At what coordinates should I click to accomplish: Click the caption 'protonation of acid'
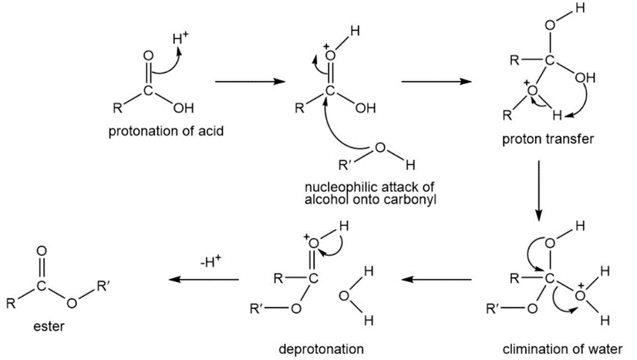pos(166,130)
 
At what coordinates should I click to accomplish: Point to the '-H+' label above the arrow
pos(211,262)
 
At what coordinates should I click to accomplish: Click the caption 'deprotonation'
pos(322,348)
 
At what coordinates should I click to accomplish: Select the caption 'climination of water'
pos(551,348)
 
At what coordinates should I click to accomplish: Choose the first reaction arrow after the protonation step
pos(244,80)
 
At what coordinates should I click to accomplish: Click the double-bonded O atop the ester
pos(42,251)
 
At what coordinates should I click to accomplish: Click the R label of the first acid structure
pos(115,107)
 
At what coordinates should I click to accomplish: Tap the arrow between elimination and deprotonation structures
pos(437,279)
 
